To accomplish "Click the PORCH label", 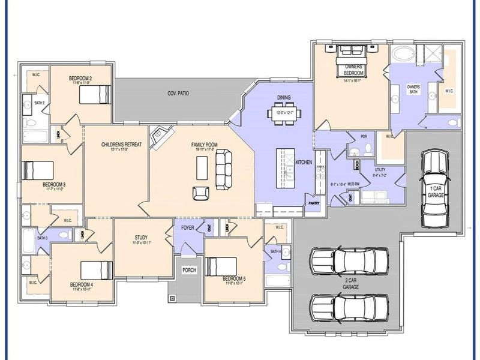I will [189, 271].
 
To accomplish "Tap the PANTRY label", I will [314, 203].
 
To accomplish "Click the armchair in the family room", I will [200, 193].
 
